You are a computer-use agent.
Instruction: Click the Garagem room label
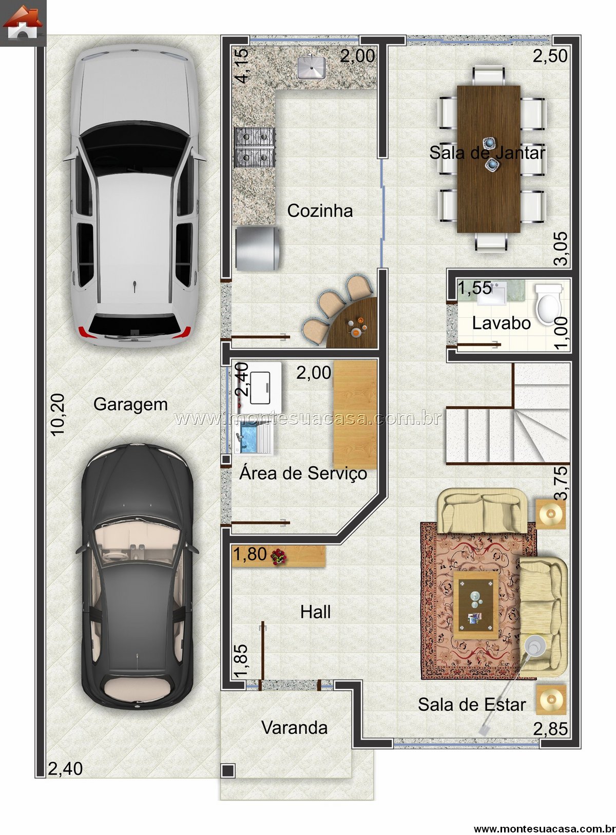pyautogui.click(x=130, y=405)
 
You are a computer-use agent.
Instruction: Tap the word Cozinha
pyautogui.click(x=320, y=211)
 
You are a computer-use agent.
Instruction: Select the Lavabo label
pyautogui.click(x=501, y=323)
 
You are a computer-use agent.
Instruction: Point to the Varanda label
pyautogui.click(x=294, y=728)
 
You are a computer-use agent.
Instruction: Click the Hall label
pyautogui.click(x=315, y=612)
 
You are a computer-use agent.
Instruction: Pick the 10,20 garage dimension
pyautogui.click(x=57, y=415)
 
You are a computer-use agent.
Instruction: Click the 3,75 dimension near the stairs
pyautogui.click(x=562, y=483)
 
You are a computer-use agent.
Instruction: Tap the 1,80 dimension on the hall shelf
pyautogui.click(x=250, y=554)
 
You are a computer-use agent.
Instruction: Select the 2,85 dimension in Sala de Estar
pyautogui.click(x=550, y=729)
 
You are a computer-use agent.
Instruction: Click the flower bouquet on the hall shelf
pyautogui.click(x=278, y=557)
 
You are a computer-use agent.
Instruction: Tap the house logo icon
pyautogui.click(x=23, y=23)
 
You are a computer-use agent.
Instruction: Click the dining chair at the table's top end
pyautogui.click(x=488, y=76)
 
